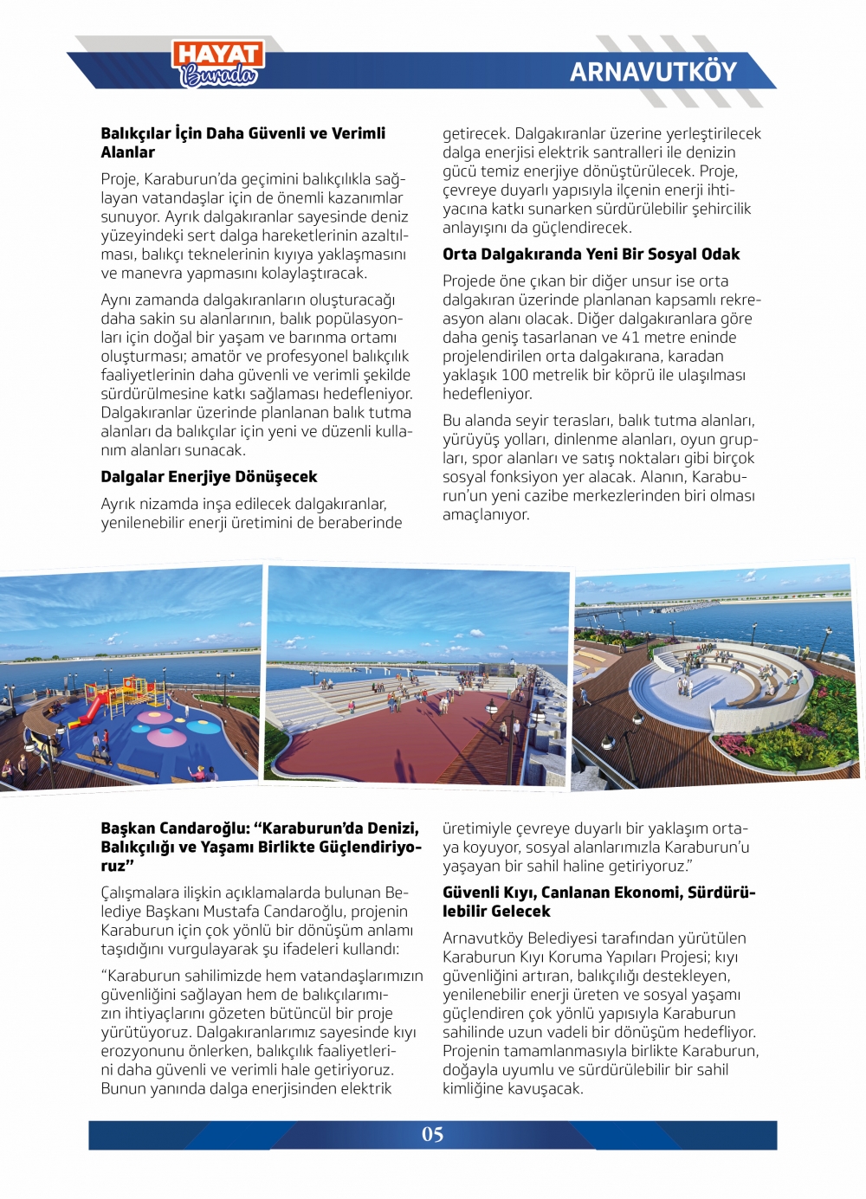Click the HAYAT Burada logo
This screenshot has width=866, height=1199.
[x=218, y=64]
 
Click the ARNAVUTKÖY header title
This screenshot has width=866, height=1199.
[x=653, y=72]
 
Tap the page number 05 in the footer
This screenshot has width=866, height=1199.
[x=433, y=1134]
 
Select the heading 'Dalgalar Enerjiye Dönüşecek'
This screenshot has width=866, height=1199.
[x=209, y=477]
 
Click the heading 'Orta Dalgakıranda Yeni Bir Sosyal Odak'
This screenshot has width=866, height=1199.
[x=591, y=255]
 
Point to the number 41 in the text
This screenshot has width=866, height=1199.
[x=631, y=338]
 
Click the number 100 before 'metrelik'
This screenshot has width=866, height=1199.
[x=514, y=375]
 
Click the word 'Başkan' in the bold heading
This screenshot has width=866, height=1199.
[x=128, y=828]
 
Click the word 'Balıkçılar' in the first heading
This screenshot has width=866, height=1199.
[x=135, y=133]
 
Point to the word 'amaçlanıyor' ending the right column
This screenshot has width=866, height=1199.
[x=485, y=515]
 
